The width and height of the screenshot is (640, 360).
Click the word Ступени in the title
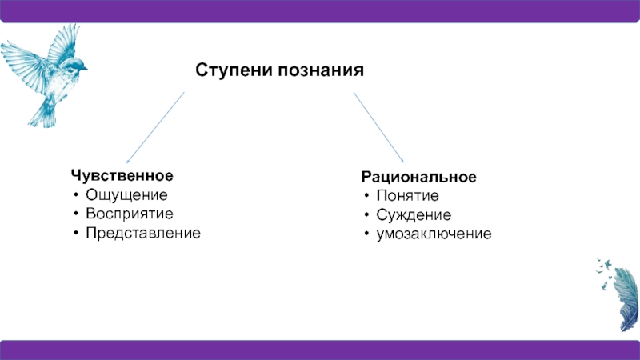click(234, 71)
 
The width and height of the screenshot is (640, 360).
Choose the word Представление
click(144, 233)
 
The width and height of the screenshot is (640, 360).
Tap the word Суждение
click(414, 215)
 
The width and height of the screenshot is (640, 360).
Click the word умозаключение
click(434, 234)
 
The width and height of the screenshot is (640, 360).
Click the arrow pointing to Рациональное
click(379, 126)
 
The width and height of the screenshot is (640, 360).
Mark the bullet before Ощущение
click(74, 194)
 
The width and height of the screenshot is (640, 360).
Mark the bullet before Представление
click(74, 234)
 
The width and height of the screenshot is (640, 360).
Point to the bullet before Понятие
click(366, 196)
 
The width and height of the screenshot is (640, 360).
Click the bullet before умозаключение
click(366, 235)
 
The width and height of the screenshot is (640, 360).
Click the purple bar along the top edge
click(320, 10)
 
